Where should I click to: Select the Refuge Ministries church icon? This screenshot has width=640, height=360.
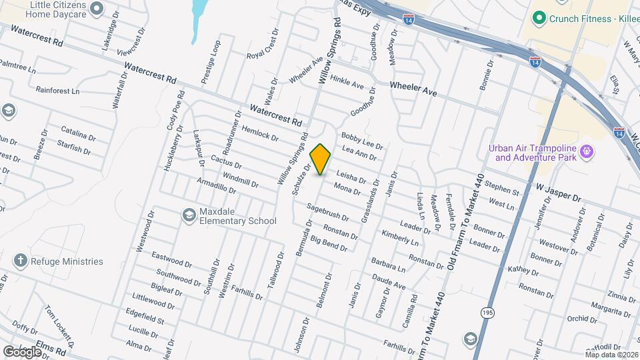coord(21,261)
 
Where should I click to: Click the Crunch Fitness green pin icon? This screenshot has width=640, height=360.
coord(540,19)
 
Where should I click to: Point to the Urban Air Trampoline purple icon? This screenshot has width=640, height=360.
coord(586,152)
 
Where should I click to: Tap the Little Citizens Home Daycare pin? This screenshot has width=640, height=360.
coord(97,9)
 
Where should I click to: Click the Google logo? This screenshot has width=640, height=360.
coord(22,351)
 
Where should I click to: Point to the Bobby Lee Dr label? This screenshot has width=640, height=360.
coord(362,140)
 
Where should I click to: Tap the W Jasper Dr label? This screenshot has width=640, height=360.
coord(558,191)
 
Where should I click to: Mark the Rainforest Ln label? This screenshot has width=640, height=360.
coord(57,90)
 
